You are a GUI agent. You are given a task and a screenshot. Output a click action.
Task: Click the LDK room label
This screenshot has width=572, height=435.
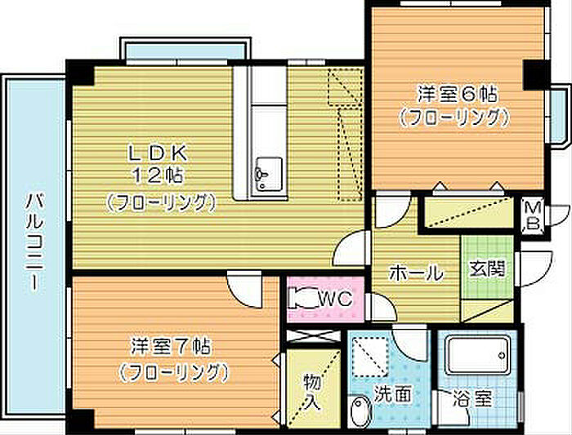(158, 154)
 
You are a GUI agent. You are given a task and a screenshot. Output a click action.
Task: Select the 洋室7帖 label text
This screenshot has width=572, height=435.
(171, 347)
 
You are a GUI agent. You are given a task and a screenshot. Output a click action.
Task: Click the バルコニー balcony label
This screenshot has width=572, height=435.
(35, 242)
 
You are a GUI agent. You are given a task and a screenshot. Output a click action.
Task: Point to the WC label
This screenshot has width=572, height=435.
(335, 299)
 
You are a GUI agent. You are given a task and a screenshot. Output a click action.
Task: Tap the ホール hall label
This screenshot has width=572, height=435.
(416, 273)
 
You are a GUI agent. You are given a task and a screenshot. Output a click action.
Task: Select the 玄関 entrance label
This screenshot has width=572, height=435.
(487, 270)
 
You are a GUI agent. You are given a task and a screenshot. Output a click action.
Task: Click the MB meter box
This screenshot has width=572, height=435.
(533, 216)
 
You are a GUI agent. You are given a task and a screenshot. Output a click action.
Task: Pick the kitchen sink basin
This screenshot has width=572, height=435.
(269, 174)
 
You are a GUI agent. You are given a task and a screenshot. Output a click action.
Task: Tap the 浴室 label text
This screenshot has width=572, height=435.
(473, 398)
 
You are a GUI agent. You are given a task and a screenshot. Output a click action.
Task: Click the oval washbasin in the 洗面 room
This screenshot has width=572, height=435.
(360, 412)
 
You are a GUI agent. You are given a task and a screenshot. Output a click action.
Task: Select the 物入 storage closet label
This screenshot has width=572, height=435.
(313, 392)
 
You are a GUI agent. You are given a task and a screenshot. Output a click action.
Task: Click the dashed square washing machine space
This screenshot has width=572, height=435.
(370, 357)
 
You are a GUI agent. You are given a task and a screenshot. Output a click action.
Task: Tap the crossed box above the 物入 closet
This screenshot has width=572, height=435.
(314, 336)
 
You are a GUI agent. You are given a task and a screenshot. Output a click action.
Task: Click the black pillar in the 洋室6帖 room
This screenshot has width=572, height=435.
(536, 75)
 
